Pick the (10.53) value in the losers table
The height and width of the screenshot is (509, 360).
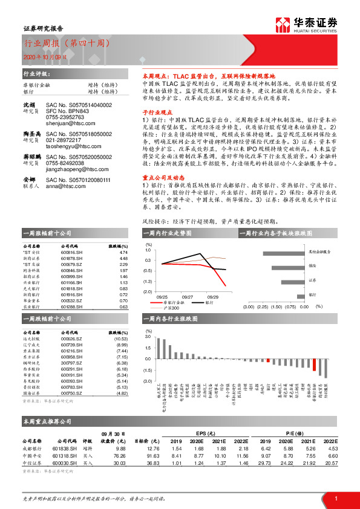coord(122,339)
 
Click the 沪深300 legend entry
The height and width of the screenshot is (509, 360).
coord(175,308)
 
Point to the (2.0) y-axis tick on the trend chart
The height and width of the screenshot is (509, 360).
coord(148,291)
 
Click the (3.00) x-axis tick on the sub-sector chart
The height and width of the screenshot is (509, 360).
coord(249,307)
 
